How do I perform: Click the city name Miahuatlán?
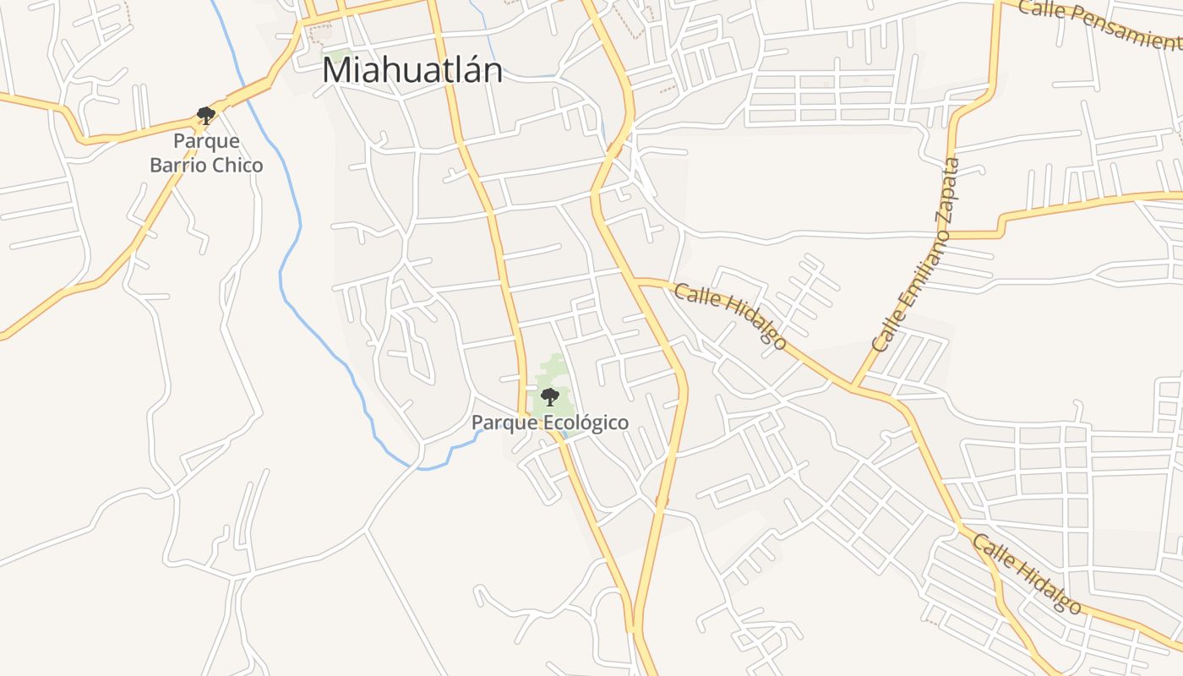[x=412, y=70]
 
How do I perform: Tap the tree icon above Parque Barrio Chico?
[x=205, y=115]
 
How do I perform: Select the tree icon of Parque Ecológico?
[x=549, y=396]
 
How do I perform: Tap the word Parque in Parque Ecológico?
[x=497, y=422]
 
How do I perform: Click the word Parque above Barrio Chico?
[x=206, y=140]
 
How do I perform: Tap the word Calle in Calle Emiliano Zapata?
[x=883, y=335]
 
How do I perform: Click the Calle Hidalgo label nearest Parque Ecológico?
[x=731, y=315]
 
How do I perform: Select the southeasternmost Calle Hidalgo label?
[x=1027, y=574]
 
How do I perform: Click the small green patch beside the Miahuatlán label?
[x=340, y=56]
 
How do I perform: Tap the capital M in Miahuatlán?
[x=337, y=71]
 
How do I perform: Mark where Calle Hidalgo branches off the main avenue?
[x=636, y=279]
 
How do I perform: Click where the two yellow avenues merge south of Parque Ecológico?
[x=632, y=629]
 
